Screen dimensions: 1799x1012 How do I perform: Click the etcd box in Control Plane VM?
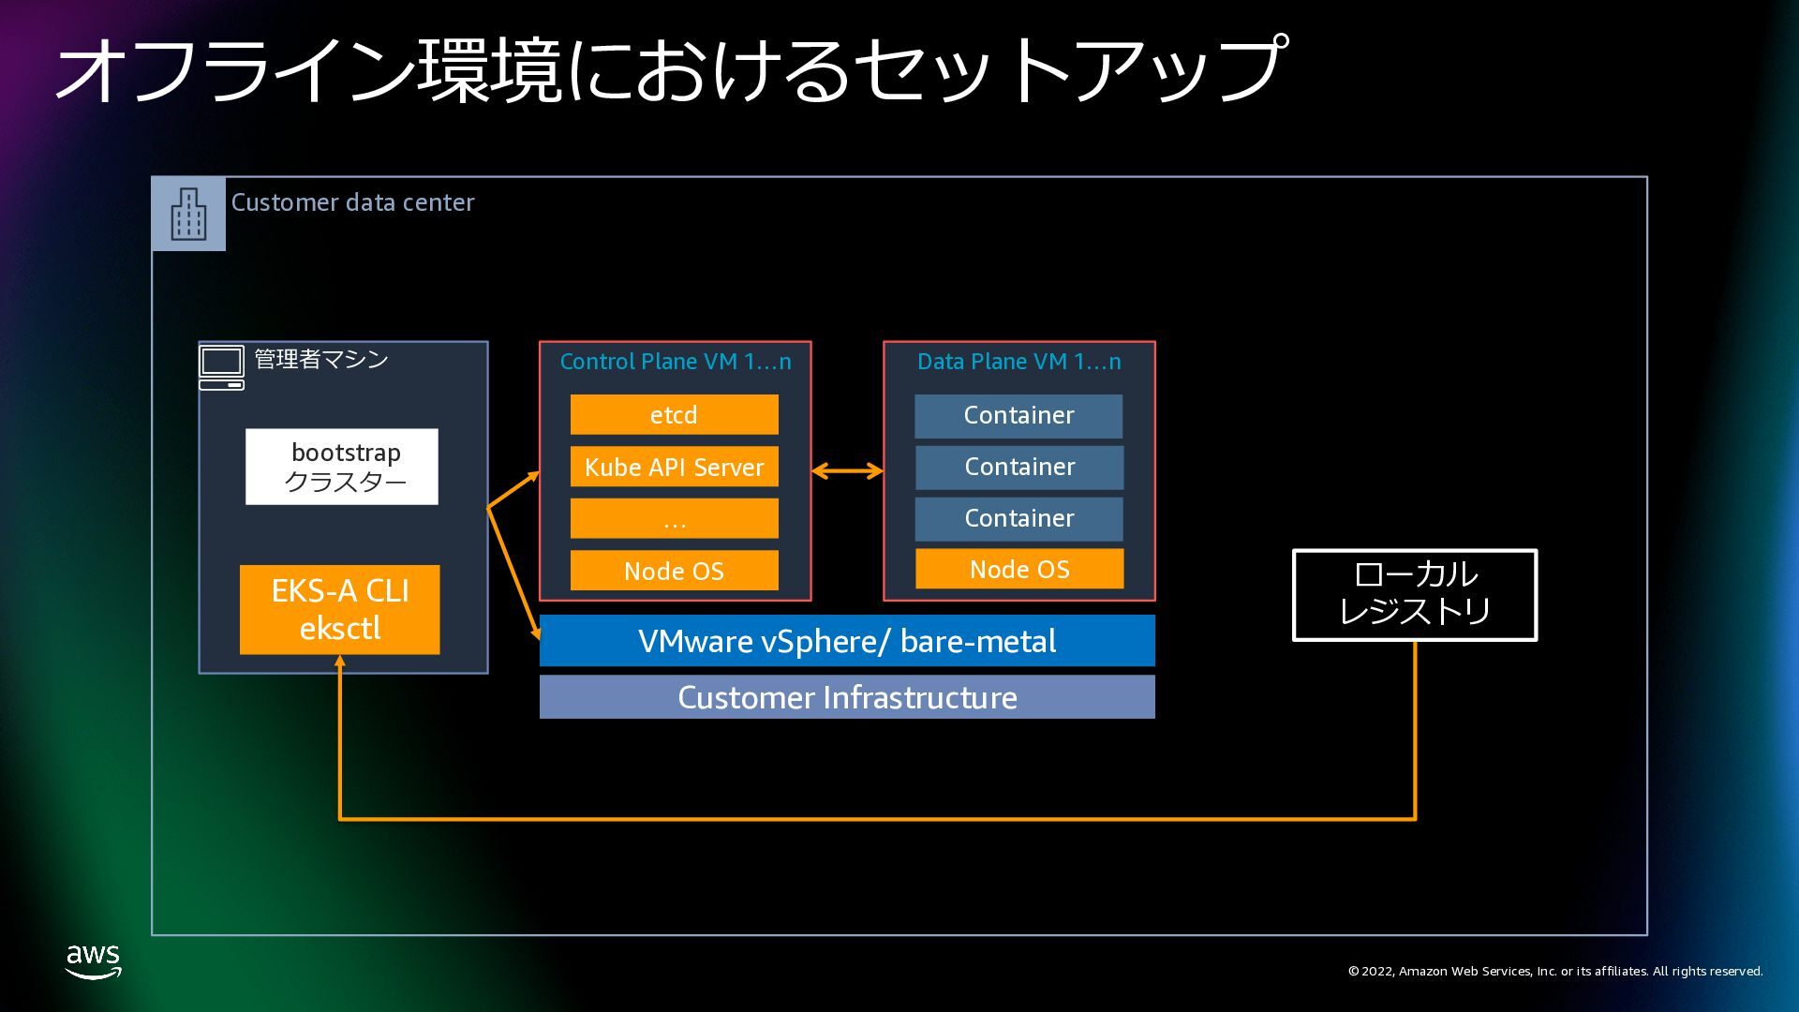point(674,414)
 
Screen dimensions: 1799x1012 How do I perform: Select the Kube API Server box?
point(674,467)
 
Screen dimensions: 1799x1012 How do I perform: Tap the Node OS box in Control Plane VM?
point(674,571)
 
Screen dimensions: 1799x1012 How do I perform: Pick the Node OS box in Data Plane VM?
point(1019,569)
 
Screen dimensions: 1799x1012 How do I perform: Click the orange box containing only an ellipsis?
point(674,518)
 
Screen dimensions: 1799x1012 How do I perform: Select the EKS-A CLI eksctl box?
point(339,609)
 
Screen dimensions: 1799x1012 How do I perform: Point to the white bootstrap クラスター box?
point(342,467)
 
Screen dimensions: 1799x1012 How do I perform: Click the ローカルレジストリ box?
point(1415,595)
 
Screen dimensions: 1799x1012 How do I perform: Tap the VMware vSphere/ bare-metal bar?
point(847,641)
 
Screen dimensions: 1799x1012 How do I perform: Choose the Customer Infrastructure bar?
point(847,697)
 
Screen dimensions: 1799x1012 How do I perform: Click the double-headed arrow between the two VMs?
point(847,471)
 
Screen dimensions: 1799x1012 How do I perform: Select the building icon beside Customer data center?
point(188,214)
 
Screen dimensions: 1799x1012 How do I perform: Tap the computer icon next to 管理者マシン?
point(221,367)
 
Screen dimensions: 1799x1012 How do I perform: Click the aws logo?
point(94,961)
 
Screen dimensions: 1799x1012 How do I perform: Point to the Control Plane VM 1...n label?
point(676,362)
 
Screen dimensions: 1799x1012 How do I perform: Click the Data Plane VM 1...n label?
point(1019,362)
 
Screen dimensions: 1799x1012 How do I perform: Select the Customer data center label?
point(352,202)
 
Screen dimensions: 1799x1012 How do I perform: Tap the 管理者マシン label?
point(321,359)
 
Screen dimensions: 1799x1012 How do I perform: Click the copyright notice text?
point(1555,971)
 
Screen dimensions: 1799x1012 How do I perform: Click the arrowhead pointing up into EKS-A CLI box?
point(340,661)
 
